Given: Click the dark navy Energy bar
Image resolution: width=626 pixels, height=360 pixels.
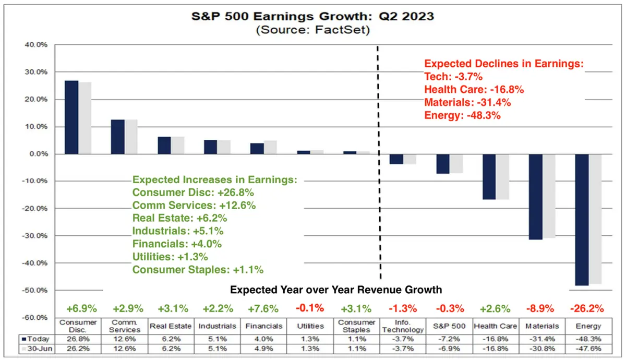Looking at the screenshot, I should click(x=582, y=220).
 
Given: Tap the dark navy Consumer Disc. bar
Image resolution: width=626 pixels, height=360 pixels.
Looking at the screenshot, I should click(x=71, y=117).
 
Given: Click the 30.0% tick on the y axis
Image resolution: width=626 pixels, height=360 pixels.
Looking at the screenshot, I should click(x=34, y=72).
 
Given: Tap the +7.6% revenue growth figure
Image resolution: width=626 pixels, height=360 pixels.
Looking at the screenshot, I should click(x=266, y=308).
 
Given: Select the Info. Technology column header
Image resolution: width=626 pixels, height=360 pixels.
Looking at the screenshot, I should click(x=403, y=326).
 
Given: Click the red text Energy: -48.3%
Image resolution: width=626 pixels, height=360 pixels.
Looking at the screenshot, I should click(x=462, y=115).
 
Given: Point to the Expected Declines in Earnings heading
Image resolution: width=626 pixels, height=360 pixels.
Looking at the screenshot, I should click(x=503, y=64).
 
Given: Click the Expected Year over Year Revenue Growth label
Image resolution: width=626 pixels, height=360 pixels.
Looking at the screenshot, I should click(x=336, y=290).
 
